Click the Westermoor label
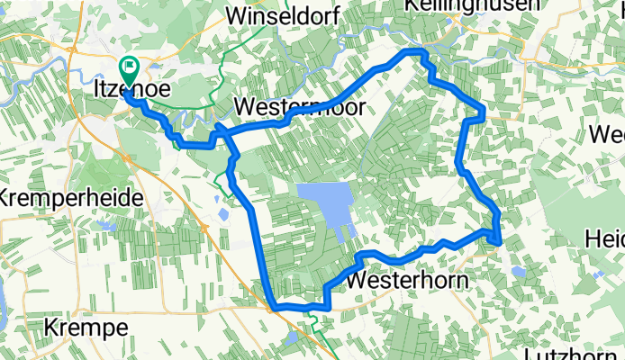pos(299,107)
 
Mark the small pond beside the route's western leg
pos(222,214)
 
